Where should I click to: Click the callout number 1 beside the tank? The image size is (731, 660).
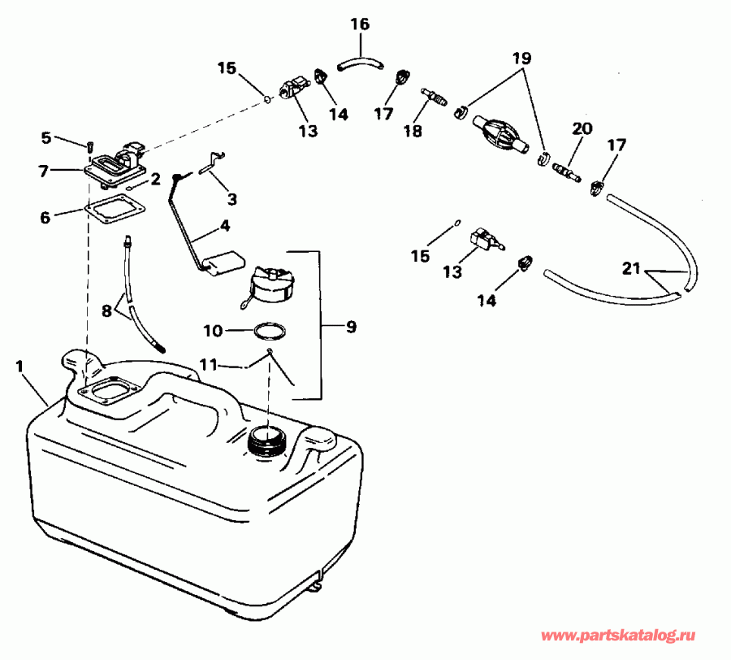click(19, 367)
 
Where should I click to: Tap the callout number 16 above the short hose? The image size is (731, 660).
click(360, 25)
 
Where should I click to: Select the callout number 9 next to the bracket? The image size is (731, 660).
click(351, 328)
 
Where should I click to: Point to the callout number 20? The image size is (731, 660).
click(582, 128)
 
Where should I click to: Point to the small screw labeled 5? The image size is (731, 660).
click(90, 146)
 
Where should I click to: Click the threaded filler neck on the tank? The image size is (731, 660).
click(267, 442)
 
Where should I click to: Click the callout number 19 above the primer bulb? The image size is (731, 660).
click(521, 59)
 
